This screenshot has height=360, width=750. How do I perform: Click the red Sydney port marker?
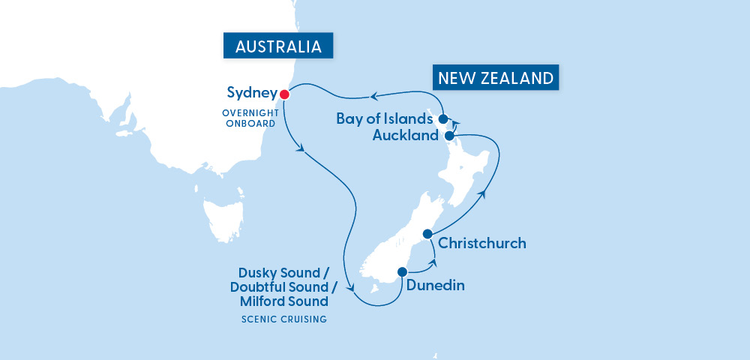(284, 94)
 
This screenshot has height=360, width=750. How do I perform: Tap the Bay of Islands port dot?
(443, 118)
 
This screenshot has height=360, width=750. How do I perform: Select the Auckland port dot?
(448, 136)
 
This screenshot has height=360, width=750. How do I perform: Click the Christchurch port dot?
(427, 234)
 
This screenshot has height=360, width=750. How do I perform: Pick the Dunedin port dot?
(402, 272)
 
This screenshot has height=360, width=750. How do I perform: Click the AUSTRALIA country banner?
(278, 46)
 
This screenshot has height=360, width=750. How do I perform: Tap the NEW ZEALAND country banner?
(496, 78)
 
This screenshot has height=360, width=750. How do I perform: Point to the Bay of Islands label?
(384, 119)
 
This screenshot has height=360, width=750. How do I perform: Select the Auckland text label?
(405, 136)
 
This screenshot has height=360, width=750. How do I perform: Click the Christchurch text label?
(481, 243)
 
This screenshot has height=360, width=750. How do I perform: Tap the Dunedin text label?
(435, 285)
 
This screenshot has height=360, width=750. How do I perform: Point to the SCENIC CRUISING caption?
(284, 319)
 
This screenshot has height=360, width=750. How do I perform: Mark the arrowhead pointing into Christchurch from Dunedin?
(433, 262)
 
